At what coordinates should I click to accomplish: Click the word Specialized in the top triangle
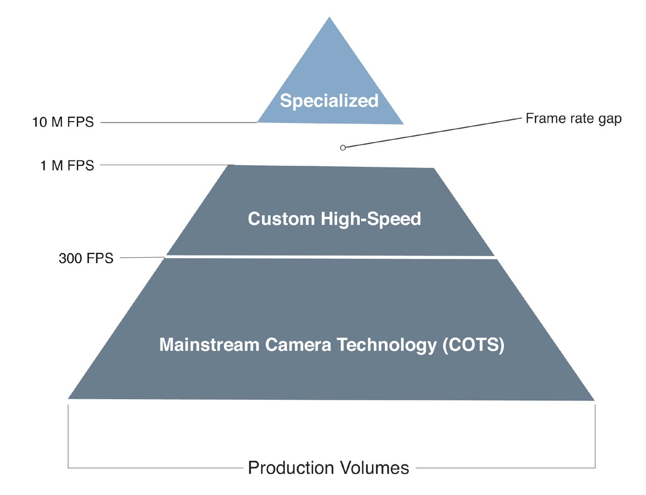coord(329,101)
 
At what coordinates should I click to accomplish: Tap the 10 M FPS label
coord(62,123)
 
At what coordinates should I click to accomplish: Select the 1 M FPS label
coord(67,166)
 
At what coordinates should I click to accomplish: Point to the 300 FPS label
coord(86,259)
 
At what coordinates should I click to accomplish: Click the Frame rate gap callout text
coord(573,119)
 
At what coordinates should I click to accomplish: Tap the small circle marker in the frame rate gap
coord(343,147)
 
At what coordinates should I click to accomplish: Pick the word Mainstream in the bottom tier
coord(209,345)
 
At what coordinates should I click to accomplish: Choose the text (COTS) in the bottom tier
coord(473,345)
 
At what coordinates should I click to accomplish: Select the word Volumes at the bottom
coord(376,468)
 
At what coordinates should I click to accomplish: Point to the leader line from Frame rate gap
coord(431,133)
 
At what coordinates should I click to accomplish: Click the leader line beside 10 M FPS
coord(178,123)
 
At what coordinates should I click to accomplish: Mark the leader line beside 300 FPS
coord(141,258)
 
